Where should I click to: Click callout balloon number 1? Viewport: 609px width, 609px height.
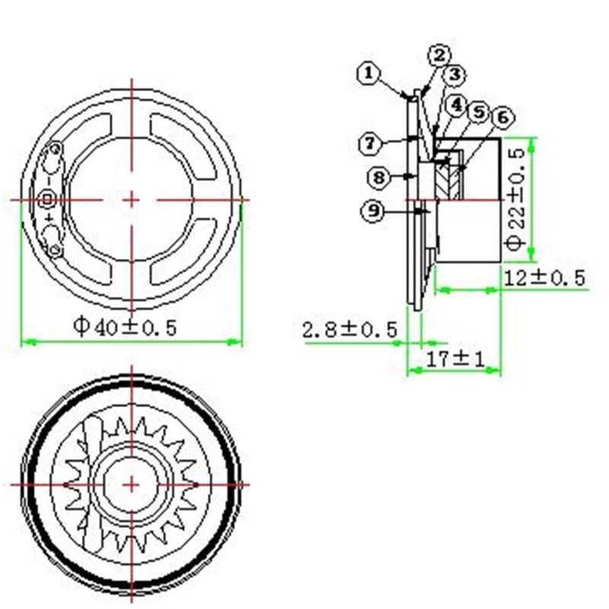coord(368,73)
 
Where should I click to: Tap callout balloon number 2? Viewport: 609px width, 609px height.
coord(440,56)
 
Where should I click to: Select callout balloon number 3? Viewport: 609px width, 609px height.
coord(454,74)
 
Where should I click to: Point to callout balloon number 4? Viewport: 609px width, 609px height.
coord(458,105)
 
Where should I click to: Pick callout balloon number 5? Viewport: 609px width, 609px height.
coord(480,112)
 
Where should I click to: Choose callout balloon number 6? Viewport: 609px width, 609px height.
coord(503,117)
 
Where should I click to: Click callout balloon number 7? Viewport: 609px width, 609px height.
coord(371,144)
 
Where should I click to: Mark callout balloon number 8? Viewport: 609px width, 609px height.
coord(379,177)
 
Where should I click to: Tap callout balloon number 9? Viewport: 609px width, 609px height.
coord(373,211)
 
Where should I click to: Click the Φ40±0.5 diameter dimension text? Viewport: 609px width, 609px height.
coord(125,327)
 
